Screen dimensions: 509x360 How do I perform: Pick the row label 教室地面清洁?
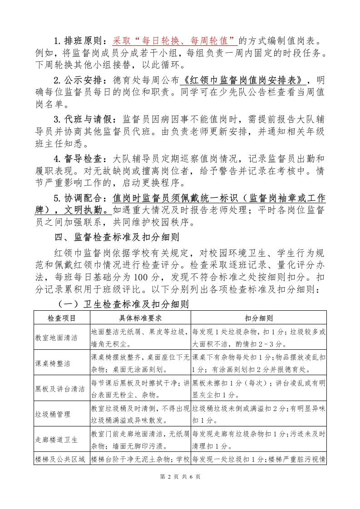(56, 338)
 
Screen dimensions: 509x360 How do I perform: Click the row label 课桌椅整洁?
(53, 363)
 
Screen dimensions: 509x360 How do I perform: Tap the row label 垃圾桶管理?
(53, 414)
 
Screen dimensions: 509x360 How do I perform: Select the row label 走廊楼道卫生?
(56, 440)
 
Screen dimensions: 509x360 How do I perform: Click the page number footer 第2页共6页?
(180, 489)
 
